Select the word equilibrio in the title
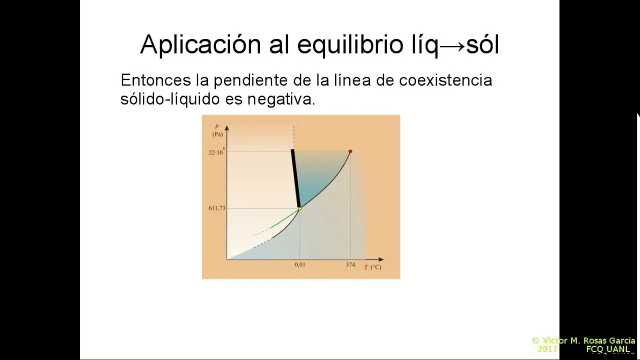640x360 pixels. [x=349, y=45]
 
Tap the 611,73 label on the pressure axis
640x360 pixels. [x=217, y=208]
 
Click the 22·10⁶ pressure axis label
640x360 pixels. [x=216, y=151]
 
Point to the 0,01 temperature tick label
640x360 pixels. [x=299, y=265]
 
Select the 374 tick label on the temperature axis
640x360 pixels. [x=350, y=265]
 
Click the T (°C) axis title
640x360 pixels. [x=372, y=267]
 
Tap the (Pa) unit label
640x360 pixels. [x=217, y=134]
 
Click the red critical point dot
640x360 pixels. [x=350, y=151]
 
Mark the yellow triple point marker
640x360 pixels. [x=299, y=208]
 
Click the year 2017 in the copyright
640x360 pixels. [x=547, y=349]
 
